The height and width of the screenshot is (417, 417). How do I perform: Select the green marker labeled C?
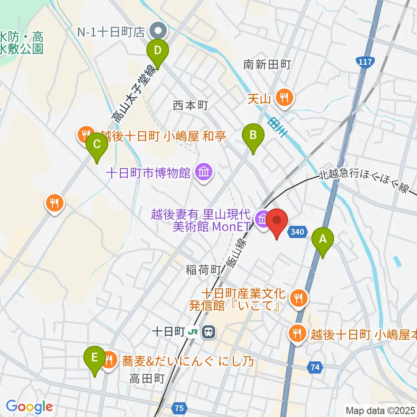click(96, 145)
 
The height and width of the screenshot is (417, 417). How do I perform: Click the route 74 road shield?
click(315, 367)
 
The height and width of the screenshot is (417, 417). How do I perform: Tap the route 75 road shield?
click(180, 408)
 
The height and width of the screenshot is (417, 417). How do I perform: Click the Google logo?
click(29, 407)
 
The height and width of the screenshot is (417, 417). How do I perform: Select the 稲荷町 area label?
click(205, 270)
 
